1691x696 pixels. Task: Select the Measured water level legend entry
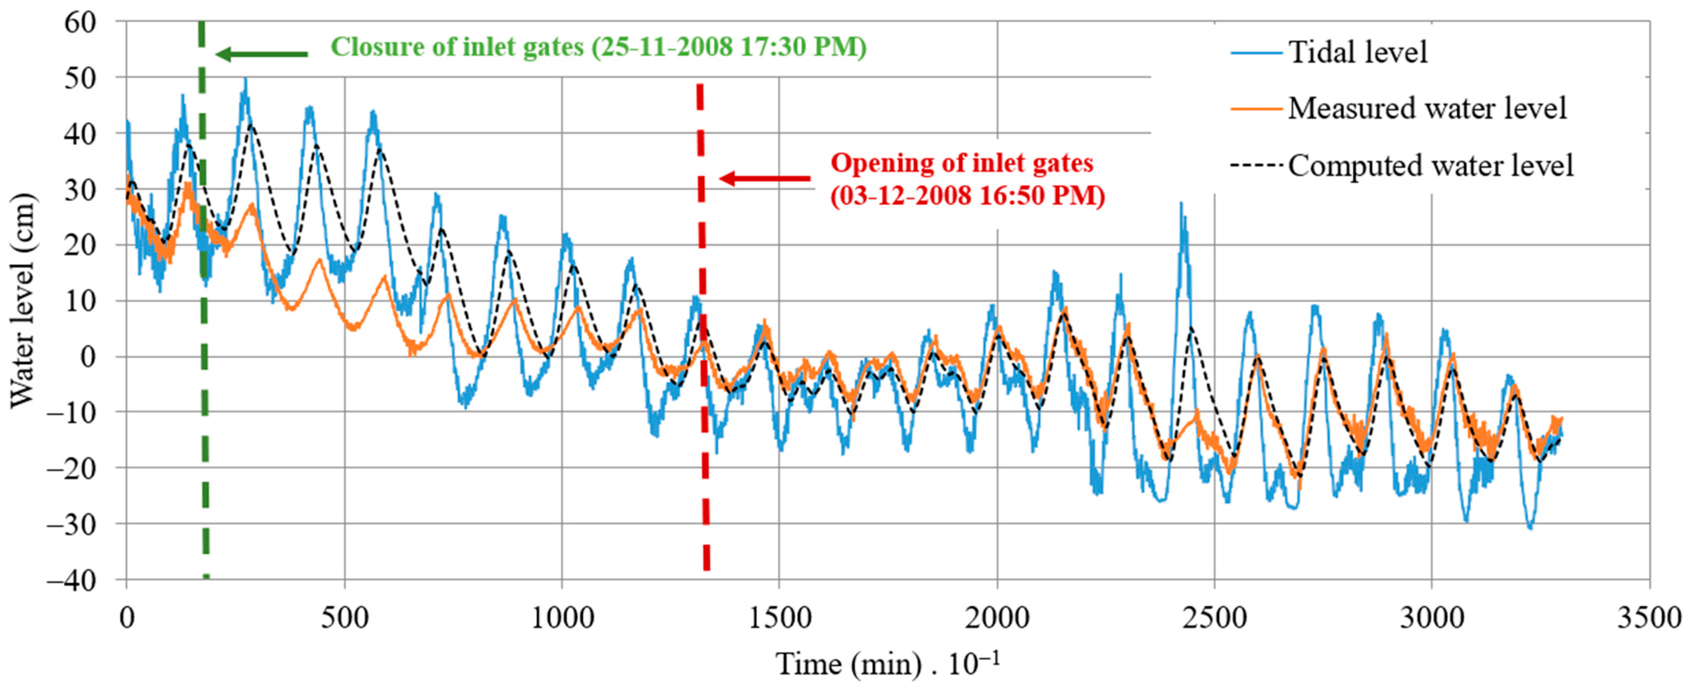pos(1426,108)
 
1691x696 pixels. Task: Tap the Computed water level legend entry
pos(1430,166)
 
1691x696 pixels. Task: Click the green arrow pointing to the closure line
pos(261,54)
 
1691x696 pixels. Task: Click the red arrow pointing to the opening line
pos(765,178)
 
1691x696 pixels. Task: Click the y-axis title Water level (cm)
pos(22,300)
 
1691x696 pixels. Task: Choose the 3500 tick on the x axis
pos(1648,618)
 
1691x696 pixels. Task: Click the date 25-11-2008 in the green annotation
pos(663,47)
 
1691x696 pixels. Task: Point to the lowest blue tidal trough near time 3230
pos(1530,527)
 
